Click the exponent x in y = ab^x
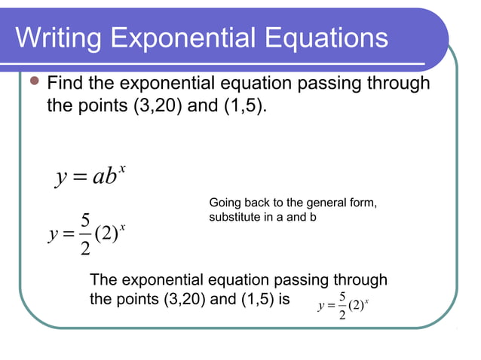(121, 168)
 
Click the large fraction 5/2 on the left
(85, 235)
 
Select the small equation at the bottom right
(344, 306)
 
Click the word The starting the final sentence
(106, 280)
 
